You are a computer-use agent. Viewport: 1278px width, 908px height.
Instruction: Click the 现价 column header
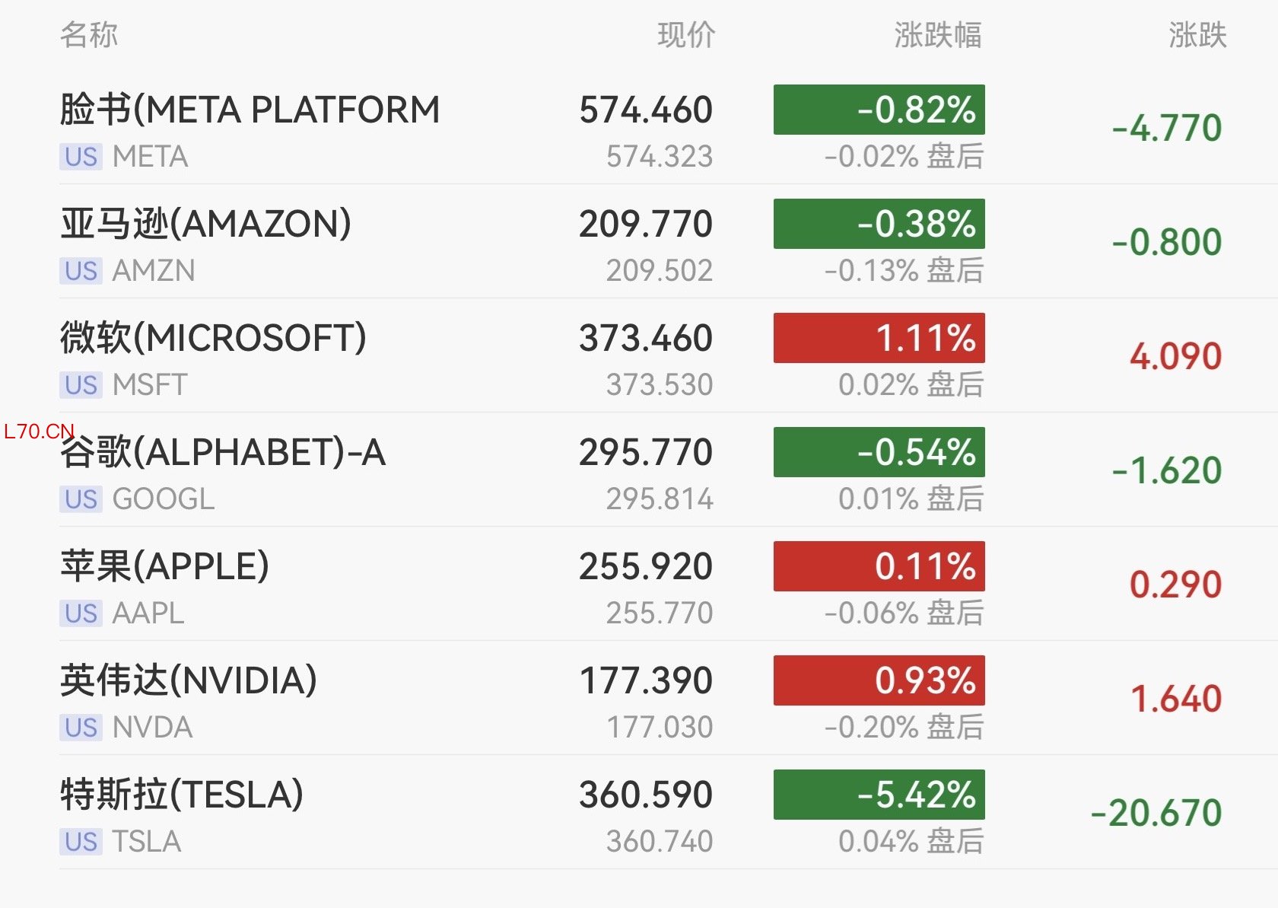point(686,35)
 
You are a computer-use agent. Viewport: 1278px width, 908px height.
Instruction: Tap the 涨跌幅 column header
point(937,35)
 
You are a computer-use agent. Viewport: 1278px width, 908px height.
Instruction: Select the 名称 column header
point(89,35)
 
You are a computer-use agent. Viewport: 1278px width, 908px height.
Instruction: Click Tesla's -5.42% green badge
point(879,795)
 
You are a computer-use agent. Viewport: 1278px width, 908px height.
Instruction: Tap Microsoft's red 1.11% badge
point(879,338)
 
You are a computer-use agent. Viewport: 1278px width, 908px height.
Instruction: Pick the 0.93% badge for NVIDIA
point(879,680)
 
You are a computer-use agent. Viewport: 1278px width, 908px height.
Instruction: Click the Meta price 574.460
point(646,110)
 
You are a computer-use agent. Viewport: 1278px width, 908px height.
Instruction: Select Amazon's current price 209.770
point(646,224)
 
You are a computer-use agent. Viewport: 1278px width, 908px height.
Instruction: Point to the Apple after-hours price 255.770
point(660,613)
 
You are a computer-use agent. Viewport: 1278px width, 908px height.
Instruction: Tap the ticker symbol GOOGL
point(164,499)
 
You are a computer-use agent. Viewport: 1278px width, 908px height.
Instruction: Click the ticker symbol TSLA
point(147,842)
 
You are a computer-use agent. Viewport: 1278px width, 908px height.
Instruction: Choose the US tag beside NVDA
point(81,728)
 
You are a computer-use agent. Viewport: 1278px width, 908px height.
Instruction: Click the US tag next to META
point(81,157)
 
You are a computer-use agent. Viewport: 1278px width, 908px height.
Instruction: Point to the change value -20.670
point(1156,813)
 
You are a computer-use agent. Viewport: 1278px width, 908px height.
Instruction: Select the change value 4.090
point(1175,356)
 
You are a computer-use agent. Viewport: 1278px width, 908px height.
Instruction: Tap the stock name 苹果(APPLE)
point(165,566)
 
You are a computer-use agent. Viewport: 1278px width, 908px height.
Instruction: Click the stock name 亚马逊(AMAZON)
point(206,224)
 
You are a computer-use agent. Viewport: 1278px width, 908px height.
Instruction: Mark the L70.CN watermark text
point(39,432)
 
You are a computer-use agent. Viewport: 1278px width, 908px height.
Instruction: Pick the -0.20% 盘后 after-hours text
point(904,727)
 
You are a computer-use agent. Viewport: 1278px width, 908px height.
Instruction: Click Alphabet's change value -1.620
point(1167,470)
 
